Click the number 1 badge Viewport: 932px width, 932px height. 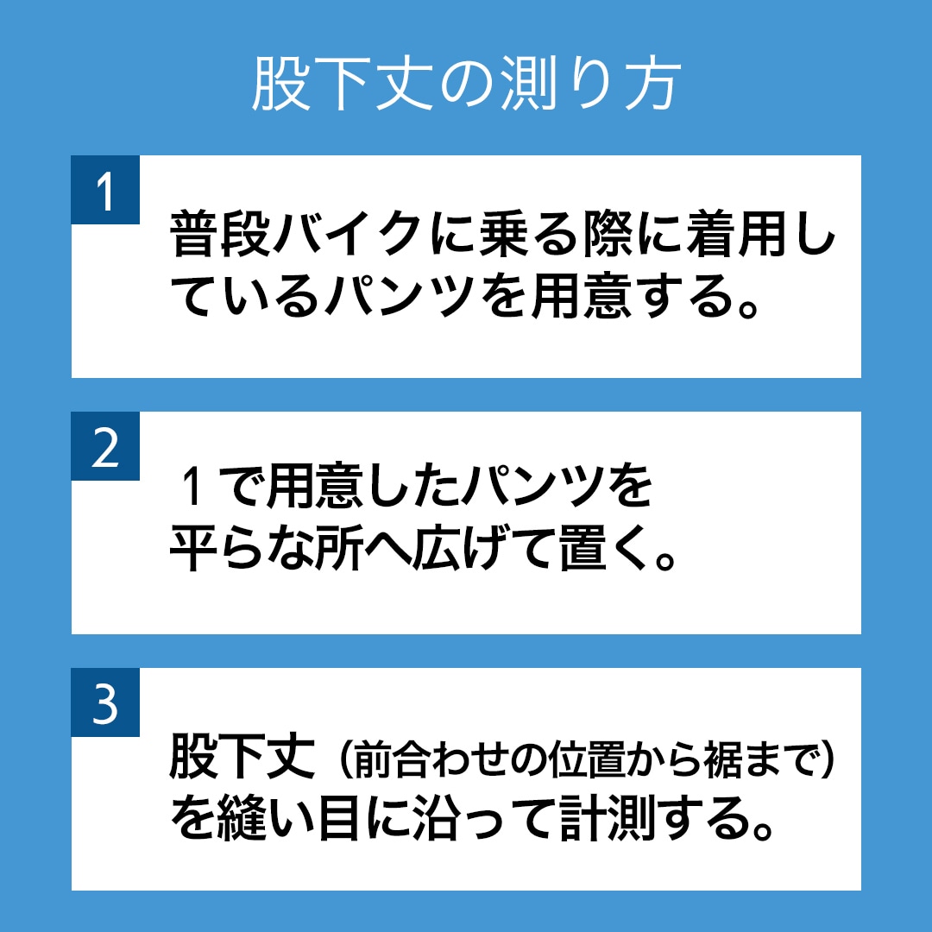point(105,190)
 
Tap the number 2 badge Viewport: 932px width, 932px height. point(105,446)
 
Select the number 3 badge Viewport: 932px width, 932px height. point(105,702)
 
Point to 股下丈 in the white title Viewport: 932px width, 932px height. point(342,85)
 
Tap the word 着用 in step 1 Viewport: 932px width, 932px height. point(736,234)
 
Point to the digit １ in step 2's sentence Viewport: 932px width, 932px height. point(192,486)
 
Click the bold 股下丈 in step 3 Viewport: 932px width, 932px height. point(242,755)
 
